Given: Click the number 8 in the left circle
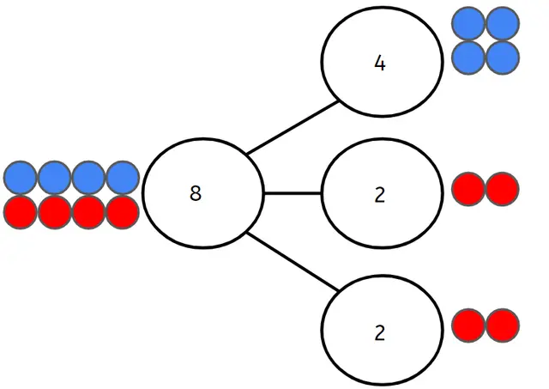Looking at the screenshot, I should (x=196, y=194).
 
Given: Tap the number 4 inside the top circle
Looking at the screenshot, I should (x=380, y=64).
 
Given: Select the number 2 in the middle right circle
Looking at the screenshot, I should (x=380, y=195).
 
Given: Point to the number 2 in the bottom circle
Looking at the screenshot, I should (x=380, y=333).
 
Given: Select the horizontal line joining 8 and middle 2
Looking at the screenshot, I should (x=293, y=194).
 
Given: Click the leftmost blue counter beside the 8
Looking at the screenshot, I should (x=21, y=178).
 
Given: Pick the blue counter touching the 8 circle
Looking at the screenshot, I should (x=123, y=178).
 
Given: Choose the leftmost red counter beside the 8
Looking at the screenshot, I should (x=21, y=211).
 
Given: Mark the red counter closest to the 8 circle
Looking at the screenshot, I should (x=123, y=211).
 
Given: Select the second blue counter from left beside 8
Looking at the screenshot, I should (x=55, y=178).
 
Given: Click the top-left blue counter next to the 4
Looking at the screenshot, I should (x=469, y=25).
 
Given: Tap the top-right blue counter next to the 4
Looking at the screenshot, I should (x=503, y=25).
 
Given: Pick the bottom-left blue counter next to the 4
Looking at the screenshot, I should (x=469, y=58).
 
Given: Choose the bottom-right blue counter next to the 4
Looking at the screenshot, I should (x=503, y=58).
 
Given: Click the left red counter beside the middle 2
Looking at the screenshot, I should (x=469, y=189).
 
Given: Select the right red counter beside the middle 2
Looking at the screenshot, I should (x=503, y=189).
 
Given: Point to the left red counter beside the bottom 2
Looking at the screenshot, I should (x=469, y=326).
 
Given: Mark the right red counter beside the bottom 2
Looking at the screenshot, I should (x=503, y=326).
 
